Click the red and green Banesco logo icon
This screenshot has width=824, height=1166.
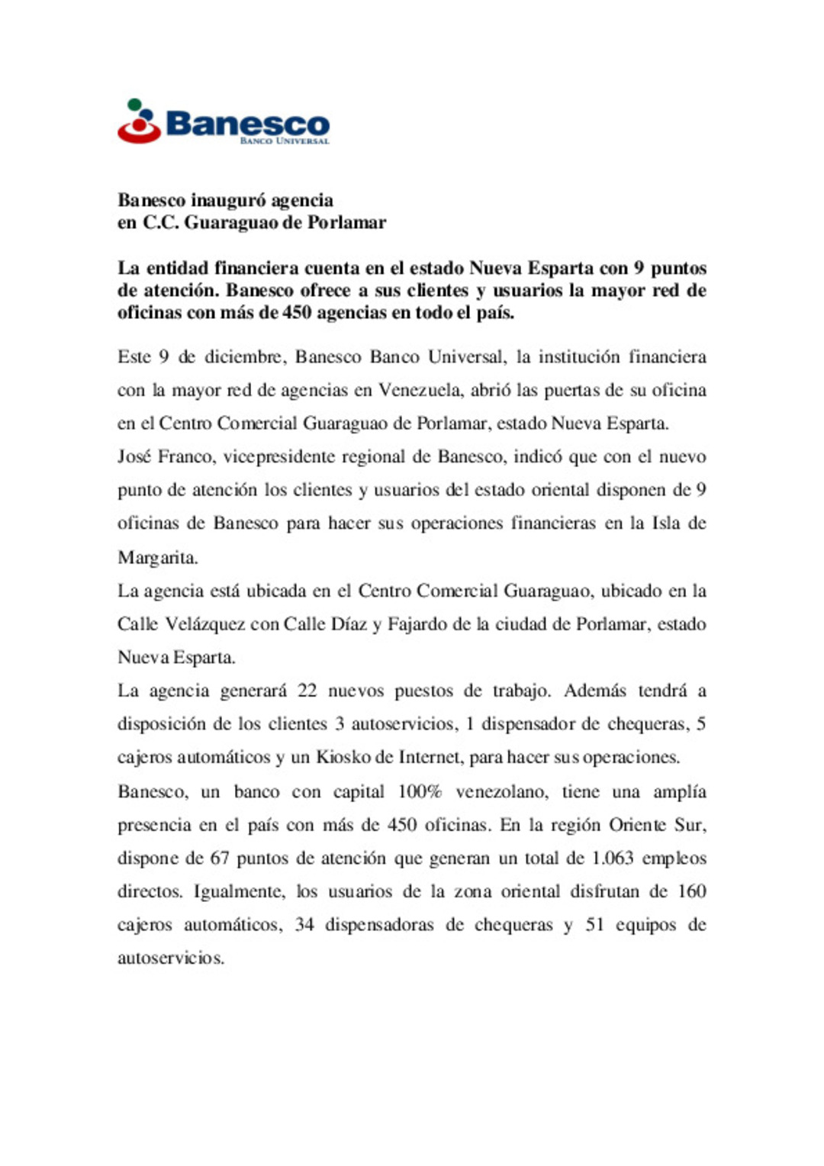click(x=139, y=121)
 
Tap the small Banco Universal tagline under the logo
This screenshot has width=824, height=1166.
click(x=285, y=141)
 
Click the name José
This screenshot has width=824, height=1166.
click(x=134, y=456)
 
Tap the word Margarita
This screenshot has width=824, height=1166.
click(x=157, y=557)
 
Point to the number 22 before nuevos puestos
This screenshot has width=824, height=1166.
click(x=307, y=691)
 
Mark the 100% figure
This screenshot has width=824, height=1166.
click(x=420, y=791)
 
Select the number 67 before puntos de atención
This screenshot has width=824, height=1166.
click(x=220, y=858)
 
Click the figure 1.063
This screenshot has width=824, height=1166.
click(x=613, y=858)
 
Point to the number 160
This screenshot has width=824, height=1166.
click(x=691, y=891)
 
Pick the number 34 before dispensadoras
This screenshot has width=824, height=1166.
click(x=304, y=924)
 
